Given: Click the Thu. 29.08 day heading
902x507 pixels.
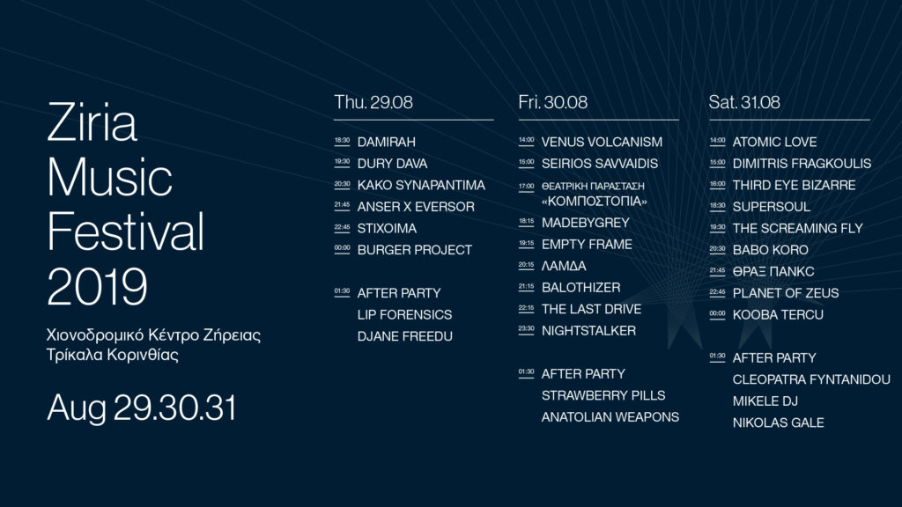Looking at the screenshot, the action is (x=373, y=102).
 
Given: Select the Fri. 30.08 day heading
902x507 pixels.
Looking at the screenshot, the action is (x=553, y=102).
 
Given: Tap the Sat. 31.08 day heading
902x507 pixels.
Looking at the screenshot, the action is (x=744, y=102).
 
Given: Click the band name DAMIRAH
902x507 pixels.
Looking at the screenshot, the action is (x=386, y=142).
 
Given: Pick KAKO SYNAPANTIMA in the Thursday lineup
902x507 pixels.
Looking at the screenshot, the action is (x=421, y=185).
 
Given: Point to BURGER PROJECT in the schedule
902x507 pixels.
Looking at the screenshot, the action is (x=414, y=250).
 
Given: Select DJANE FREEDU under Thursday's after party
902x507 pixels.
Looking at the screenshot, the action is (x=404, y=336).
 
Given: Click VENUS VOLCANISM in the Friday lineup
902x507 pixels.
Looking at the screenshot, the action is (x=602, y=142).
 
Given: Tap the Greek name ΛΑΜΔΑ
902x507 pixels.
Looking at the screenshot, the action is (x=564, y=266).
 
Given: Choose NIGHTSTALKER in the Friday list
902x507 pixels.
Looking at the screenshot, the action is (x=588, y=331).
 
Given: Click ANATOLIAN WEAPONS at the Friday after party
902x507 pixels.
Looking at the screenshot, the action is (x=610, y=417).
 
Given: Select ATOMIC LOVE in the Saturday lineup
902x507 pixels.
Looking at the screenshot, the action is (x=774, y=142).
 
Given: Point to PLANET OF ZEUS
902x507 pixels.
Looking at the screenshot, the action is (x=785, y=293).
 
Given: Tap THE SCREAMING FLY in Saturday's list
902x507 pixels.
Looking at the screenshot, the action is (x=797, y=228).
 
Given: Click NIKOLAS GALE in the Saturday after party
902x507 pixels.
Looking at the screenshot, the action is (x=778, y=423).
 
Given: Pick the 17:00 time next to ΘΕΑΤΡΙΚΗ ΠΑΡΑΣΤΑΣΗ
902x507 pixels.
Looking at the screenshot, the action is (x=526, y=187).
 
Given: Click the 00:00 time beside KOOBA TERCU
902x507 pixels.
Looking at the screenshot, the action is (x=717, y=314).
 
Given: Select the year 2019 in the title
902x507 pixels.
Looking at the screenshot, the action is (x=97, y=286).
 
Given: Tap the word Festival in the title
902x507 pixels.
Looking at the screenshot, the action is (x=125, y=231).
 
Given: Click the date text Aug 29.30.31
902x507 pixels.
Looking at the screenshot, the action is (x=142, y=408).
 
